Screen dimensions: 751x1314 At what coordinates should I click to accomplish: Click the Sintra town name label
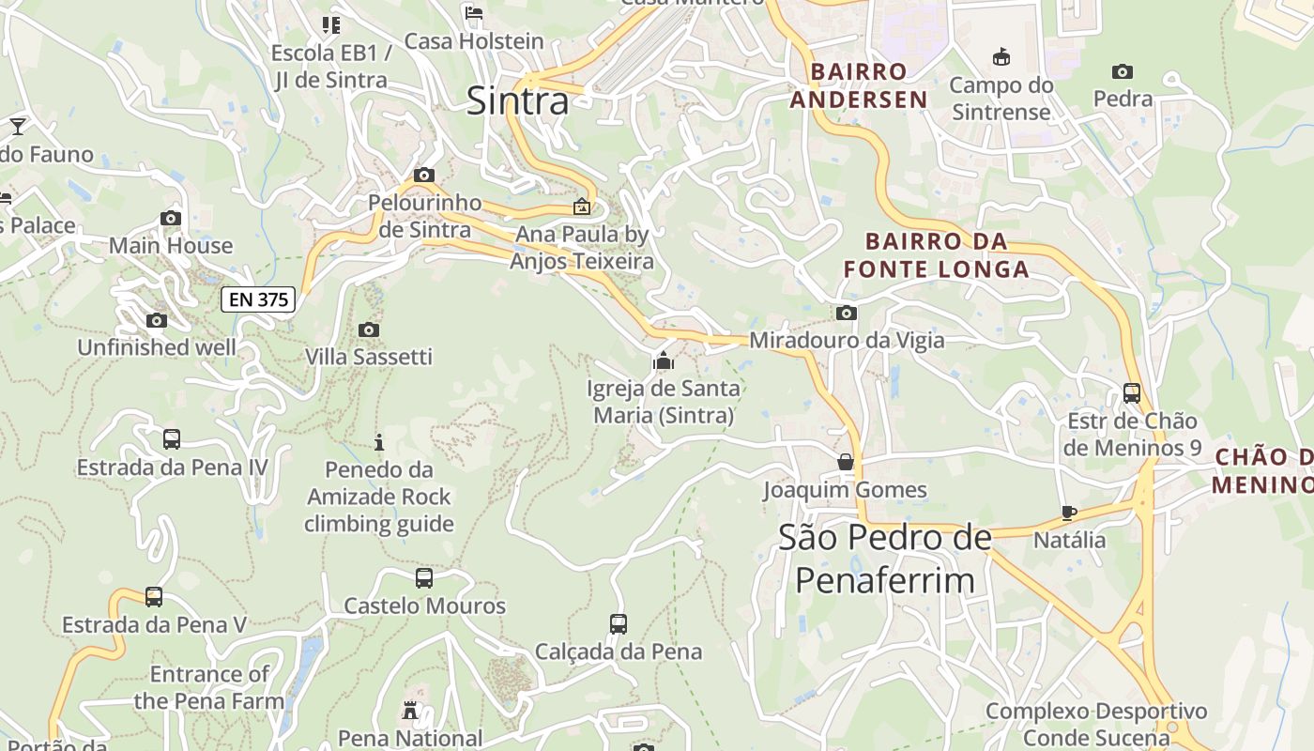(517, 100)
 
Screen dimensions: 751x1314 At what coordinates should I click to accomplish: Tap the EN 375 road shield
(258, 299)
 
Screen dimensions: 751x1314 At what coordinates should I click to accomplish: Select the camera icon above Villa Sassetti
(369, 330)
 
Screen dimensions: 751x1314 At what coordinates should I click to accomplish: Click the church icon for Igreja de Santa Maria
(664, 360)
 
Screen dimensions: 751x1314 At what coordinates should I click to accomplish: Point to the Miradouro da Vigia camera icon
(847, 313)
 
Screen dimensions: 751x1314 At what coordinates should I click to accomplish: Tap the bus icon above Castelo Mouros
(424, 578)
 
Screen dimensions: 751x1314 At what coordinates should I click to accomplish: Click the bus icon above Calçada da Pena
(618, 623)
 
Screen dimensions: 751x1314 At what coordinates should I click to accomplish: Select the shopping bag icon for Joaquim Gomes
(846, 462)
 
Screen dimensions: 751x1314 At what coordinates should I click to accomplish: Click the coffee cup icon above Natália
(1068, 513)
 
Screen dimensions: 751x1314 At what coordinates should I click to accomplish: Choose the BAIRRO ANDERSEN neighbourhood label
(858, 85)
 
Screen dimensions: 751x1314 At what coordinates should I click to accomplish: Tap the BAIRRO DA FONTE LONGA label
(936, 255)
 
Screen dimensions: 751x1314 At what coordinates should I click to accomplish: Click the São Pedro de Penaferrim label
(885, 559)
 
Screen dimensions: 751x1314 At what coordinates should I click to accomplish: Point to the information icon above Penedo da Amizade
(379, 441)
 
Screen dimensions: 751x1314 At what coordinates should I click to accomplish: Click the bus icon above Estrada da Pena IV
(172, 438)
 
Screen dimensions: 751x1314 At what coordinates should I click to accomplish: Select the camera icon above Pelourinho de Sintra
(424, 175)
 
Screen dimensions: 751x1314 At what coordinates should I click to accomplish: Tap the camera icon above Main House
(170, 218)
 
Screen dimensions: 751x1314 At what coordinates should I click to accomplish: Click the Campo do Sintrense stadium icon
(1001, 57)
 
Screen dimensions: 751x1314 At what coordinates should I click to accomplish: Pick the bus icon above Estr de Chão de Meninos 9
(1132, 392)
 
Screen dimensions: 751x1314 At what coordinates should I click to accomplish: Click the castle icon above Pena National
(410, 710)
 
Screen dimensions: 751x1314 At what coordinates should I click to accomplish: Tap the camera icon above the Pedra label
(1122, 71)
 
